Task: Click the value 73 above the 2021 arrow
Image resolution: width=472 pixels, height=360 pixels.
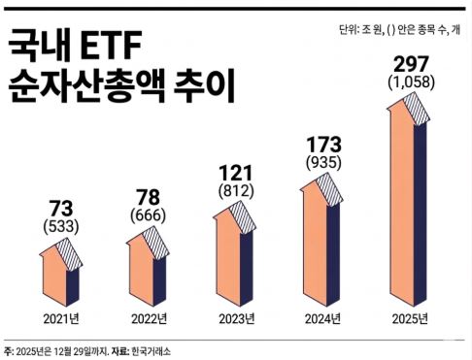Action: coord(59,209)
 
